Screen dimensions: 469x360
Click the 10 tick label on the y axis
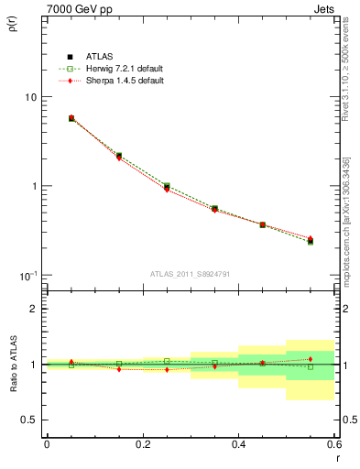click(30, 97)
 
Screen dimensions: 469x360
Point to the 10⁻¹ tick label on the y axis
click(27, 275)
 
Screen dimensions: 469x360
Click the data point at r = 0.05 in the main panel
click(71, 118)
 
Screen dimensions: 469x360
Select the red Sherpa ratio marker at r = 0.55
click(311, 359)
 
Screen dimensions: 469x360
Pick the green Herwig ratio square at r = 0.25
click(167, 361)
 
